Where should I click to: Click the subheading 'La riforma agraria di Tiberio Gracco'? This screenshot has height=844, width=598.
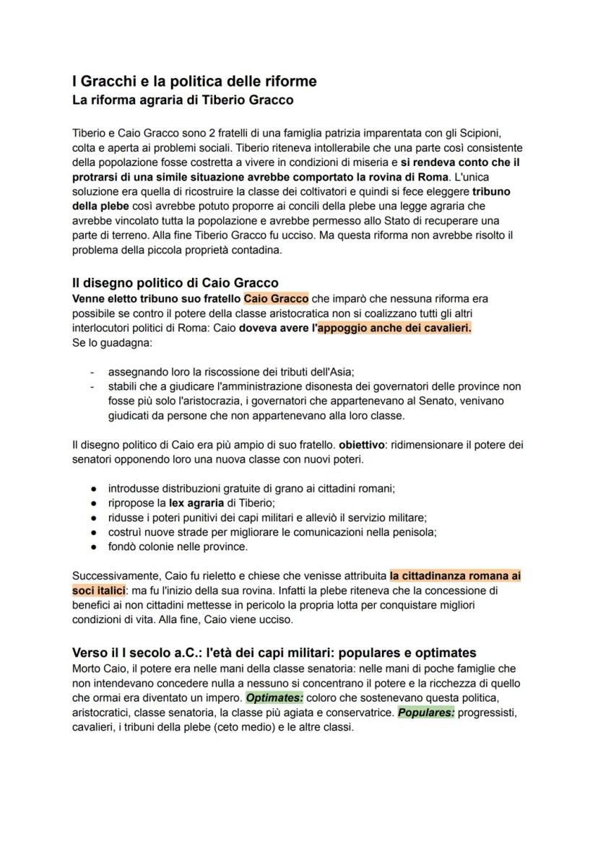(x=182, y=100)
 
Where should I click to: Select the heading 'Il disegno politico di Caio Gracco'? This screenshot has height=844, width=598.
(x=175, y=282)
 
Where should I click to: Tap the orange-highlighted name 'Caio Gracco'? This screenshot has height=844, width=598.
(x=276, y=298)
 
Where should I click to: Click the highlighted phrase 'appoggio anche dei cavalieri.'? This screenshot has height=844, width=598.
(x=394, y=328)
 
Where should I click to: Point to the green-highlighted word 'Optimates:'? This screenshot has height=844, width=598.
(x=274, y=697)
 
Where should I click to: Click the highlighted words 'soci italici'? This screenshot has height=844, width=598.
(x=98, y=591)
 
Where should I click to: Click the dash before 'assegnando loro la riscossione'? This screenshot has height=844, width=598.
(x=92, y=372)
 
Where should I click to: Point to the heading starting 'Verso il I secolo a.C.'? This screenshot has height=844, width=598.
(x=274, y=653)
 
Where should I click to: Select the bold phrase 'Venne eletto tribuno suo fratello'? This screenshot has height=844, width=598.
(x=157, y=298)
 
